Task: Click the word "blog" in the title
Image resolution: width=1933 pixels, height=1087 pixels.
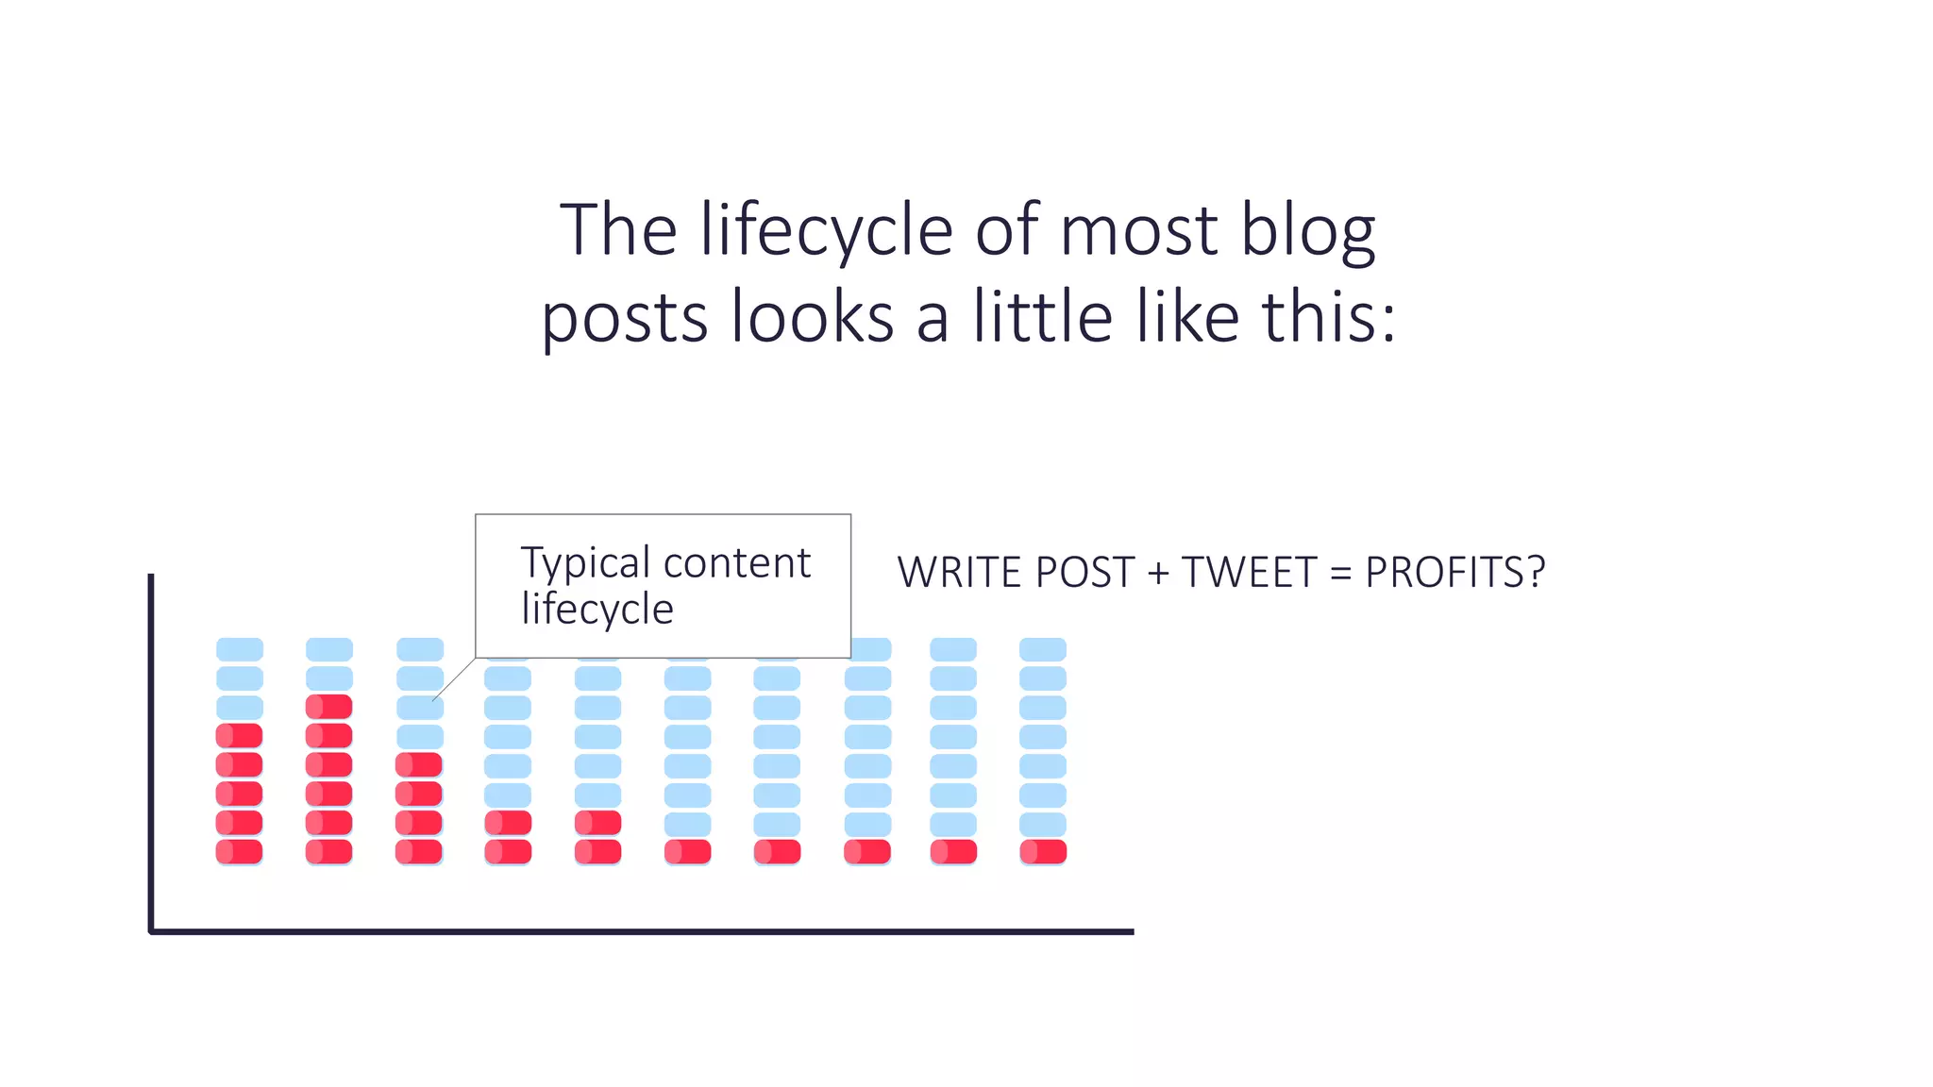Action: click(1307, 231)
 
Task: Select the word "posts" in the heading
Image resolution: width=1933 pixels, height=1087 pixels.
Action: click(624, 319)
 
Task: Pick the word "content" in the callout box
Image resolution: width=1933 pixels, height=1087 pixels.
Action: click(737, 563)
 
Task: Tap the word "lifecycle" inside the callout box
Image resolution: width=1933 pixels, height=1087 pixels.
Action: click(597, 609)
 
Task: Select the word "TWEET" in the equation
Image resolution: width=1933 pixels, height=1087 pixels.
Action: click(1249, 573)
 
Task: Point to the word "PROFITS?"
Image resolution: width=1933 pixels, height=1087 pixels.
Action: click(1454, 573)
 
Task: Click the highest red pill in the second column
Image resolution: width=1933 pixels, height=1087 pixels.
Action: click(329, 707)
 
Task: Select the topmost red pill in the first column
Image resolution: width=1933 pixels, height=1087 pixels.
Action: click(240, 736)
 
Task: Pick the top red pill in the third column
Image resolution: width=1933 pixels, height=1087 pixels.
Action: click(419, 764)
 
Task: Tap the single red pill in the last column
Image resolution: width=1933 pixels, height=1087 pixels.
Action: click(1043, 852)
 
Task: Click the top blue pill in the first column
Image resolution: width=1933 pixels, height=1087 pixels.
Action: click(240, 649)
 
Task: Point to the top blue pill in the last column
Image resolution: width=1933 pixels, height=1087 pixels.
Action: click(1043, 649)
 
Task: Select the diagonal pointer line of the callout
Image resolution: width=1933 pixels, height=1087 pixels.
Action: click(454, 679)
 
